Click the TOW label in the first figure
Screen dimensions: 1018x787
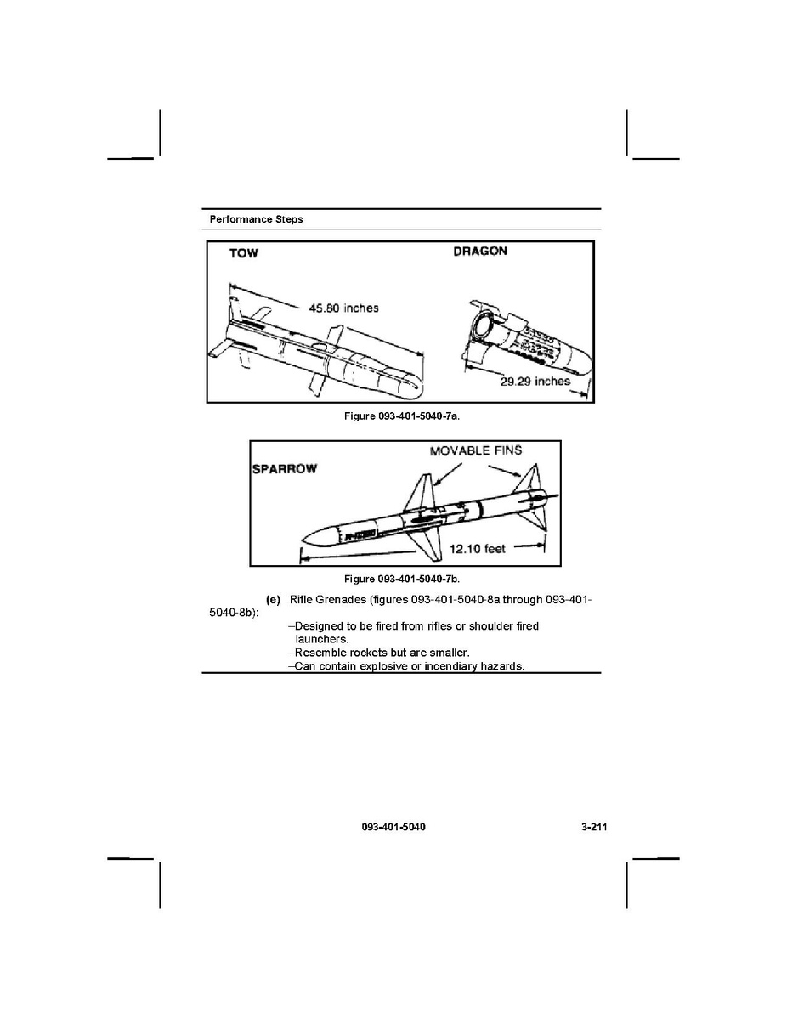243,253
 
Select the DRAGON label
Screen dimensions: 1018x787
480,252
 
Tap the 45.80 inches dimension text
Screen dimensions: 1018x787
343,308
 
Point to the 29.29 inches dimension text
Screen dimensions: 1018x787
535,382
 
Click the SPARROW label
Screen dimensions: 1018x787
285,470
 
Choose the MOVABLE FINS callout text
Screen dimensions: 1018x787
476,450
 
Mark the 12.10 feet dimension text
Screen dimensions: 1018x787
478,549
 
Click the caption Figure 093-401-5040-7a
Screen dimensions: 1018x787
401,417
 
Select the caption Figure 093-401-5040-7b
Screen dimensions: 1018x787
401,580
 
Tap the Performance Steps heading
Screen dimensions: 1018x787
257,219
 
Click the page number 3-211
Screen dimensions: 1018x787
586,827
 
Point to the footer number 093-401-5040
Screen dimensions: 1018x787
393,827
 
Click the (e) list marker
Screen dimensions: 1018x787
274,600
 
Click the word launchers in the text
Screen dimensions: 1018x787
322,639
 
